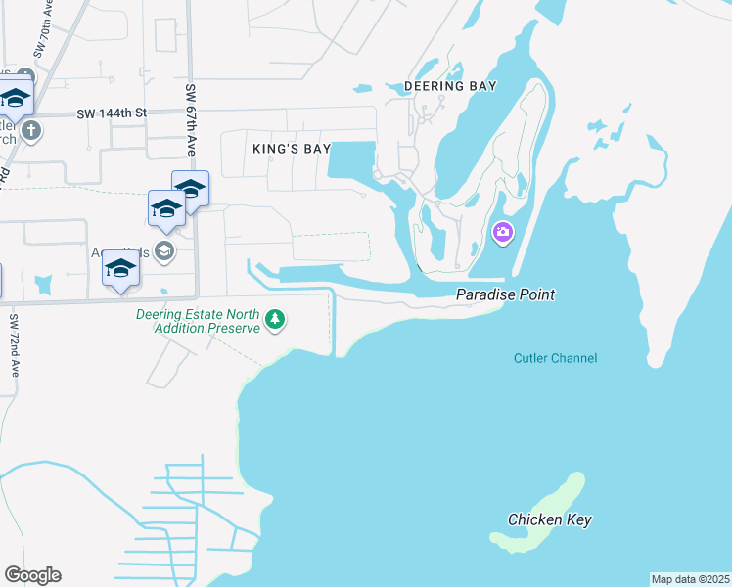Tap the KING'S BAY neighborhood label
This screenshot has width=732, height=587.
291,149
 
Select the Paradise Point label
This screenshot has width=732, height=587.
506,294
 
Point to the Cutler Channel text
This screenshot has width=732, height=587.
555,358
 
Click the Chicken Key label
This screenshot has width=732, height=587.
550,519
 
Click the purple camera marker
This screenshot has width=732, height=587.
503,232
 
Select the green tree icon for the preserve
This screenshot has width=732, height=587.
277,318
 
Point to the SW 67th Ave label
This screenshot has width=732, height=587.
191,119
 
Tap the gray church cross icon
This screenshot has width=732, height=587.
31,130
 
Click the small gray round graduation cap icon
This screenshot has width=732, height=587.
164,251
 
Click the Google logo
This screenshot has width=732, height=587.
32,575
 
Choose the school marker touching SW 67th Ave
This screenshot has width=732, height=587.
190,189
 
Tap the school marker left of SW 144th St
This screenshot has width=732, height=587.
15,99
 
